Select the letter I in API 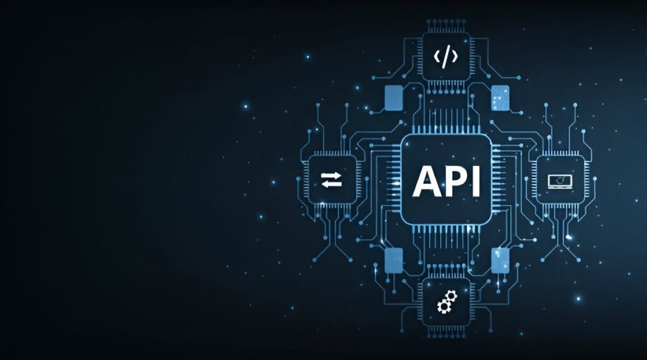pos(477,181)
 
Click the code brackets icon pos(445,56)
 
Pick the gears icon pos(447,301)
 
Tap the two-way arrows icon pos(331,180)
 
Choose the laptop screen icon pos(560,182)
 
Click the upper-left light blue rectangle pos(393,98)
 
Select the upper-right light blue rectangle pos(500,98)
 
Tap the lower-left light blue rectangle pos(394,260)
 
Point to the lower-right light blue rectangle pos(500,260)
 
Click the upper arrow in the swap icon pos(331,176)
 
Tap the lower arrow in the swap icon pos(331,184)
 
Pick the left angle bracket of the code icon pos(437,56)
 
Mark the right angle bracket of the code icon pos(454,56)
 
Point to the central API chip pos(447,180)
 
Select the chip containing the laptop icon pos(560,179)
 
